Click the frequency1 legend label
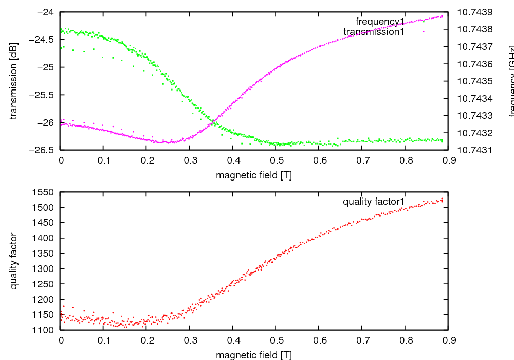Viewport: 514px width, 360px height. click(x=380, y=21)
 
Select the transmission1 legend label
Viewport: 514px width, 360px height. click(x=374, y=32)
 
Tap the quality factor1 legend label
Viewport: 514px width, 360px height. click(x=374, y=202)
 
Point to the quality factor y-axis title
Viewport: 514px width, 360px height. click(x=14, y=261)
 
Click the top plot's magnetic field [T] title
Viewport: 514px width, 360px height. click(x=254, y=175)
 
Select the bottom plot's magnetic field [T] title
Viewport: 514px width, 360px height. click(x=254, y=355)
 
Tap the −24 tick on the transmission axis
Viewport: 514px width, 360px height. click(x=46, y=12)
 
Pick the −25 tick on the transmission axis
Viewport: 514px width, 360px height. click(x=46, y=67)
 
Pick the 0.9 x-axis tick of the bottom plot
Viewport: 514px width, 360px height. click(x=448, y=340)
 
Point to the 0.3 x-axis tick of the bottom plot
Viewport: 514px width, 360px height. click(x=190, y=340)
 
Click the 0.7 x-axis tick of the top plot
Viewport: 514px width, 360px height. click(x=362, y=160)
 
